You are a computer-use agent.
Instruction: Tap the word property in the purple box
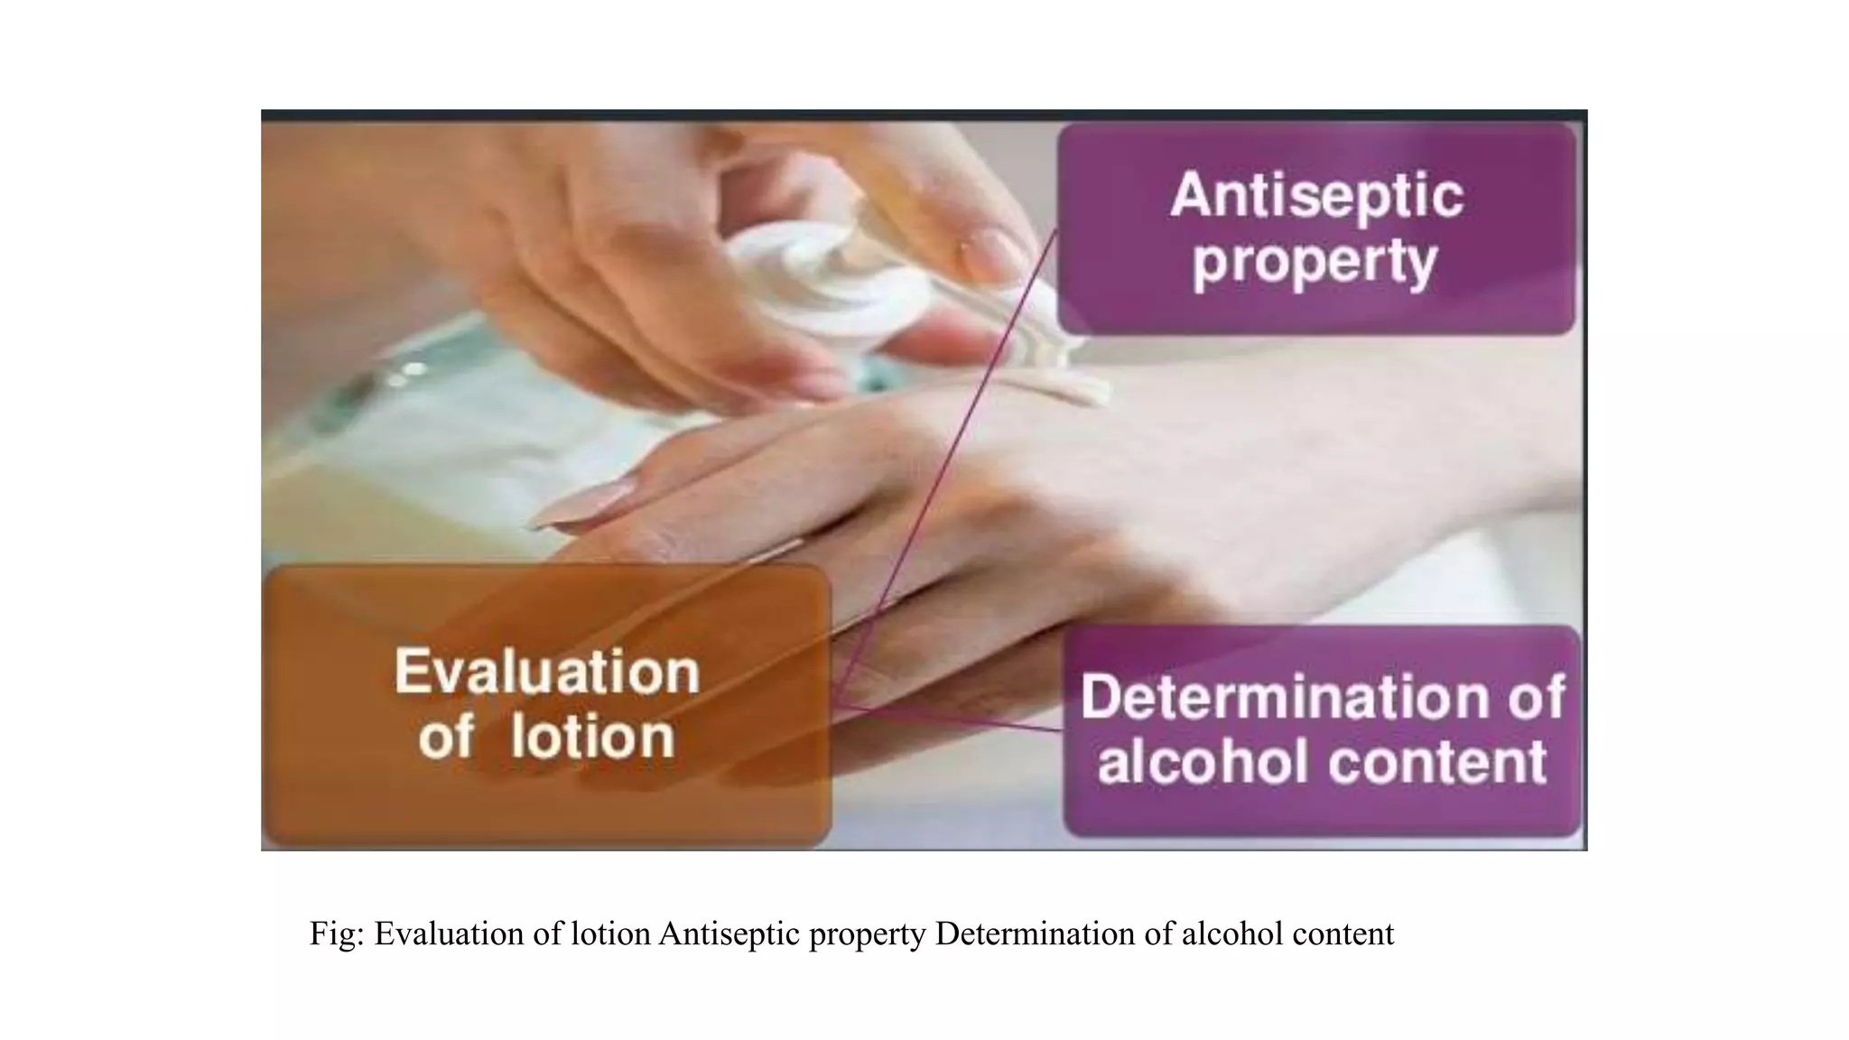(x=1315, y=263)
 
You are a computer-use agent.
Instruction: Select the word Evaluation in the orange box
(x=547, y=672)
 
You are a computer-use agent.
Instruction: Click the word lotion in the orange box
(x=592, y=737)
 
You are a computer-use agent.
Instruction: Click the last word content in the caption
(x=1343, y=933)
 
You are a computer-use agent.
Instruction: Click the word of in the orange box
(x=445, y=737)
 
